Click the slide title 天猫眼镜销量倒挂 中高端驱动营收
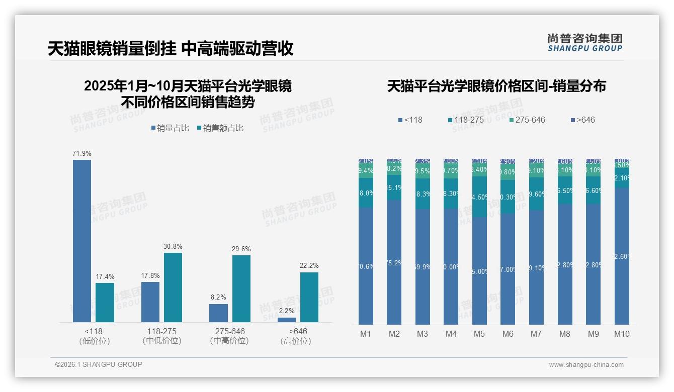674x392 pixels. point(171,49)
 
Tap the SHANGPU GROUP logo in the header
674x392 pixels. point(584,43)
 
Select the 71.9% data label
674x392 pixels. point(82,153)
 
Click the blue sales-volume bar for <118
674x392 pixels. point(82,241)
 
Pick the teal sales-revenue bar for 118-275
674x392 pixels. point(173,287)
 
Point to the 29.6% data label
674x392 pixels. point(241,249)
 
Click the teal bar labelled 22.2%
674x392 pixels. point(309,297)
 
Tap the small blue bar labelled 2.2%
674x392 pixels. point(287,320)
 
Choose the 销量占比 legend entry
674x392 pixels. point(170,128)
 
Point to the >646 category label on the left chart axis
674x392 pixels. point(298,332)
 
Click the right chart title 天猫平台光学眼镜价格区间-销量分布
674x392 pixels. point(496,86)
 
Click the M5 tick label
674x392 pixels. point(479,334)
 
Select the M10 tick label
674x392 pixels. point(622,334)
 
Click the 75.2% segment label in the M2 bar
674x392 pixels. point(394,263)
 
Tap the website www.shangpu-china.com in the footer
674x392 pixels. point(586,365)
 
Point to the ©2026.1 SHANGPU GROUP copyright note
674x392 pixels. point(99,364)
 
